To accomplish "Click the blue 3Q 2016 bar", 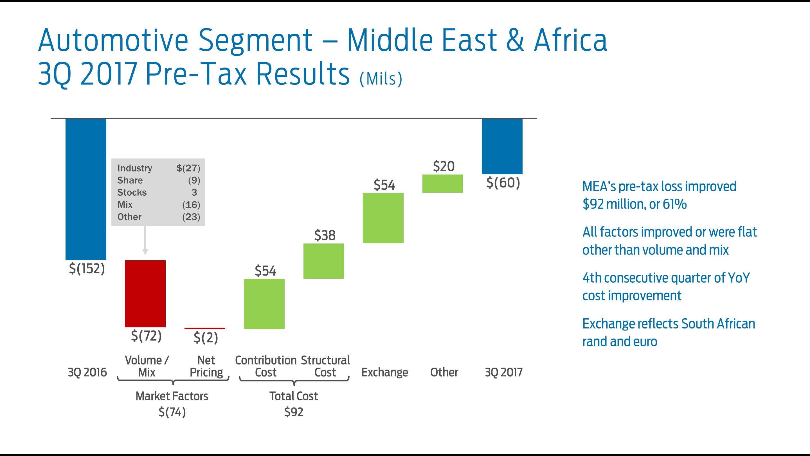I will [x=85, y=189].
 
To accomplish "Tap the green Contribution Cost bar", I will [x=264, y=304].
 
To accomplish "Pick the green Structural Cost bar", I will [x=323, y=261].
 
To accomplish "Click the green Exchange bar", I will [x=383, y=218].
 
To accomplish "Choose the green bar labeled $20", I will [x=442, y=184].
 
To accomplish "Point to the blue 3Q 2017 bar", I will [x=502, y=146].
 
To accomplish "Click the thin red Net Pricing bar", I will [x=205, y=328].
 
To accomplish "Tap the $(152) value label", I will [x=87, y=269].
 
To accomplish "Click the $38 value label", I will [x=325, y=235].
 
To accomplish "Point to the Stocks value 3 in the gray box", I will [x=194, y=192].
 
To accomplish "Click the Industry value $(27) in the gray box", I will [x=188, y=168].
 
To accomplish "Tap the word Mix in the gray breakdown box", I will [x=125, y=205].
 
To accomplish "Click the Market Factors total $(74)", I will [x=172, y=412].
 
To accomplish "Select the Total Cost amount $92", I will [x=294, y=412].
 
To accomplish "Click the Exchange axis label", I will [x=384, y=372].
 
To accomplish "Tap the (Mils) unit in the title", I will [x=381, y=79].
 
